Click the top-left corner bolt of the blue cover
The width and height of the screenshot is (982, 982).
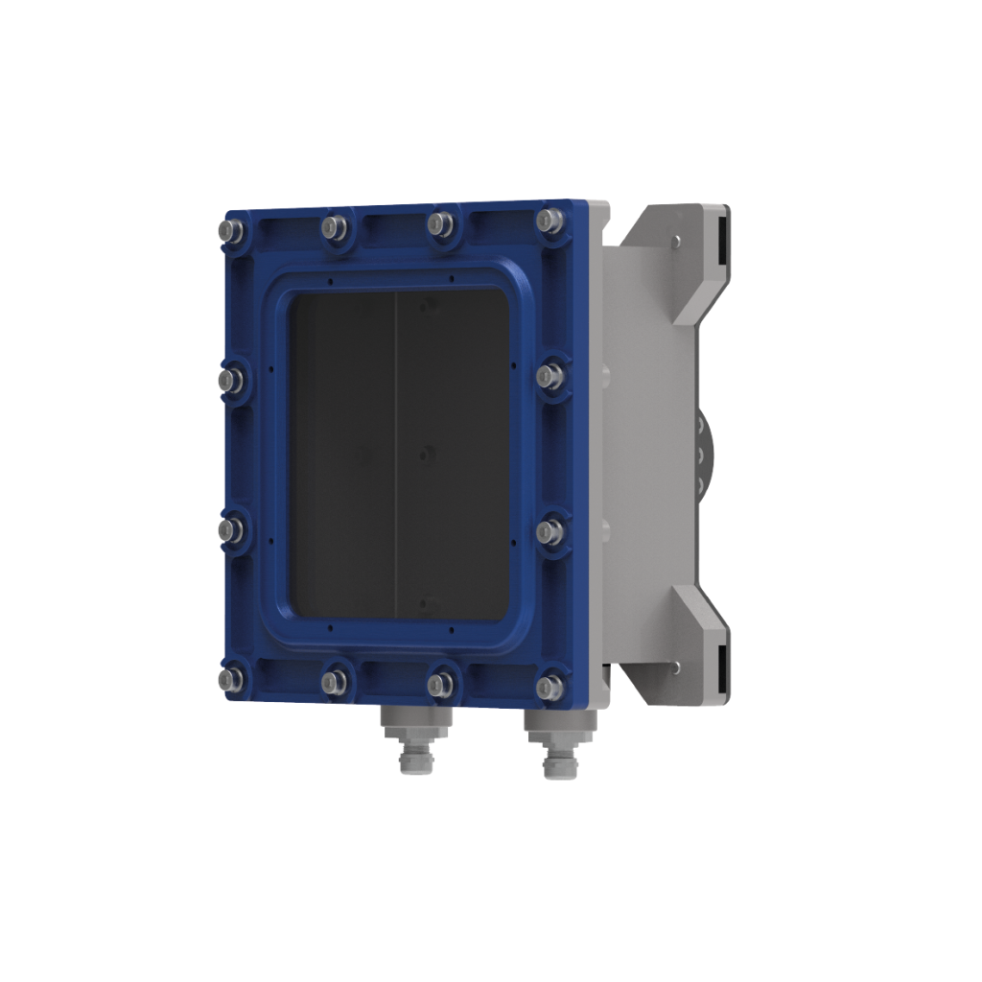point(230,231)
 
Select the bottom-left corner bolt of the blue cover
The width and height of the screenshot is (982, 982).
point(230,679)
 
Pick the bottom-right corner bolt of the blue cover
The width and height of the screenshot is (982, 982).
point(549,687)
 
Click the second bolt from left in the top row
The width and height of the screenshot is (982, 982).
point(334,227)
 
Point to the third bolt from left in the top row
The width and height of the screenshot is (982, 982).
point(440,223)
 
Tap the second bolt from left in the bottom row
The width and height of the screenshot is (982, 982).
point(334,682)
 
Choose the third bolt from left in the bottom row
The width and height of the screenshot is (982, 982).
point(440,685)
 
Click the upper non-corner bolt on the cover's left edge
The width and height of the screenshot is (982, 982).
point(230,381)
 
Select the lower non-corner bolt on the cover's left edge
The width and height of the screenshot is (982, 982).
point(230,529)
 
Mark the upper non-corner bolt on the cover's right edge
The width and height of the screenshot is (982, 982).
point(549,376)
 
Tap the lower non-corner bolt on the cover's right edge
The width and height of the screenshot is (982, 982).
point(549,533)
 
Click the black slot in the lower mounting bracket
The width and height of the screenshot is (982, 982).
point(719,660)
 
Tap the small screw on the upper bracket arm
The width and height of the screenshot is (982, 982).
point(677,241)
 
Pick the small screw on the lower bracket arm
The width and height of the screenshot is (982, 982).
point(677,665)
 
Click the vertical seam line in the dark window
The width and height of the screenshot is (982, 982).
point(396,451)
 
